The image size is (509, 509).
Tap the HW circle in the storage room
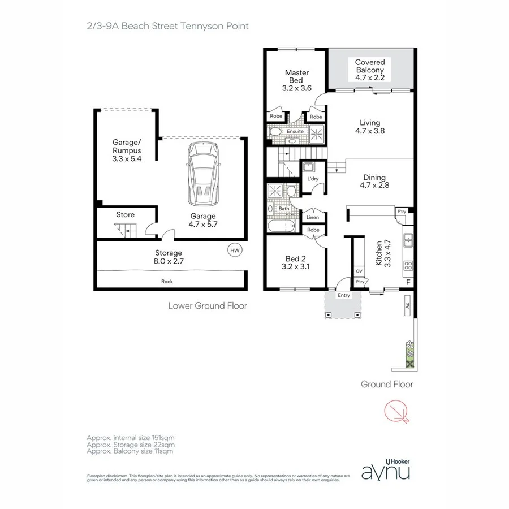tap(234, 250)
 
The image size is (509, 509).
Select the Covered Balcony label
tap(370, 70)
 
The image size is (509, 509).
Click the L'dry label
tap(312, 179)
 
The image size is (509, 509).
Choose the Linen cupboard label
tap(313, 217)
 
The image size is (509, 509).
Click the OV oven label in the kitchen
tap(359, 271)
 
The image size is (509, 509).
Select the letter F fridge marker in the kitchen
tap(408, 282)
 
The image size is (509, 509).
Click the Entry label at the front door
tap(343, 295)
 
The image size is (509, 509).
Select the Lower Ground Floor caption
tap(208, 306)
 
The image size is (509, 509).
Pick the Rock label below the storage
tap(167, 281)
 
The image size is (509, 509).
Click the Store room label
tap(125, 215)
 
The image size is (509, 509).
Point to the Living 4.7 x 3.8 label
tap(370, 127)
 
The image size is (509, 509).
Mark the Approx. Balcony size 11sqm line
tap(130, 451)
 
